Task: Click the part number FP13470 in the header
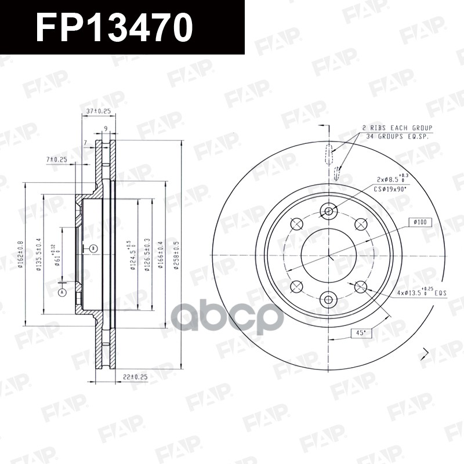[x=114, y=27]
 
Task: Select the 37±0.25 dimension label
[x=99, y=110]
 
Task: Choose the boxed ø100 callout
[x=420, y=222]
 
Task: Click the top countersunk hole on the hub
[x=329, y=211]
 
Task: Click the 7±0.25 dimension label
[x=56, y=159]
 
